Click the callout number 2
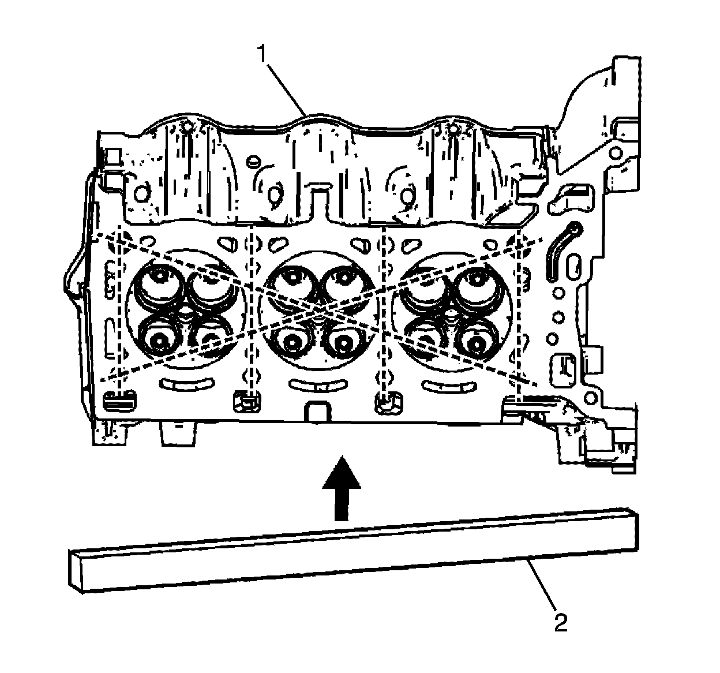click(561, 623)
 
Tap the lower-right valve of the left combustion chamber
click(211, 341)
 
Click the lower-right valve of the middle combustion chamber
click(343, 342)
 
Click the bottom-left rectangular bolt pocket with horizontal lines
click(119, 399)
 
